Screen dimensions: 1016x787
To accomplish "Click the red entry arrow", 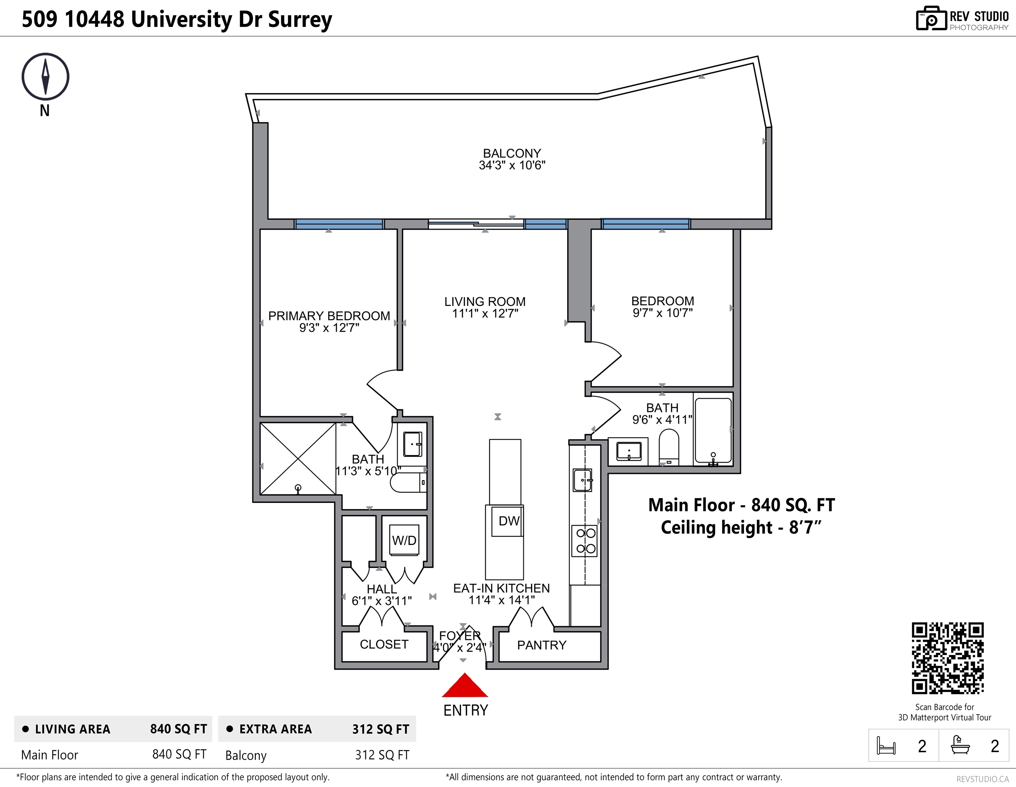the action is point(465,685).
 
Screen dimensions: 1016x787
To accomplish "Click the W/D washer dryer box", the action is point(404,540).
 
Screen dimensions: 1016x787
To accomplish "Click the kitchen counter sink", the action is point(582,480).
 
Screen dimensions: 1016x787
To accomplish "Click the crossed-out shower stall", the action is point(298,458).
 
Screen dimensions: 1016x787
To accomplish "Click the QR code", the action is point(948,658).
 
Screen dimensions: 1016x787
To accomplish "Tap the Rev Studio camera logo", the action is point(931,19).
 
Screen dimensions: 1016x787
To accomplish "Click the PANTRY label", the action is point(541,645).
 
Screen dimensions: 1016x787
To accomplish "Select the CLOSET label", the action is point(384,644).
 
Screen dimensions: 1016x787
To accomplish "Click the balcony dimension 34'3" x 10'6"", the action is point(512,165).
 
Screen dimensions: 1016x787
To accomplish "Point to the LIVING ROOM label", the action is point(485,302).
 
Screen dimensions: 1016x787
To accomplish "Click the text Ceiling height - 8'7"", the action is point(741,527).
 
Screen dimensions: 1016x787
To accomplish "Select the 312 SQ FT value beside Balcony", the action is point(382,755).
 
